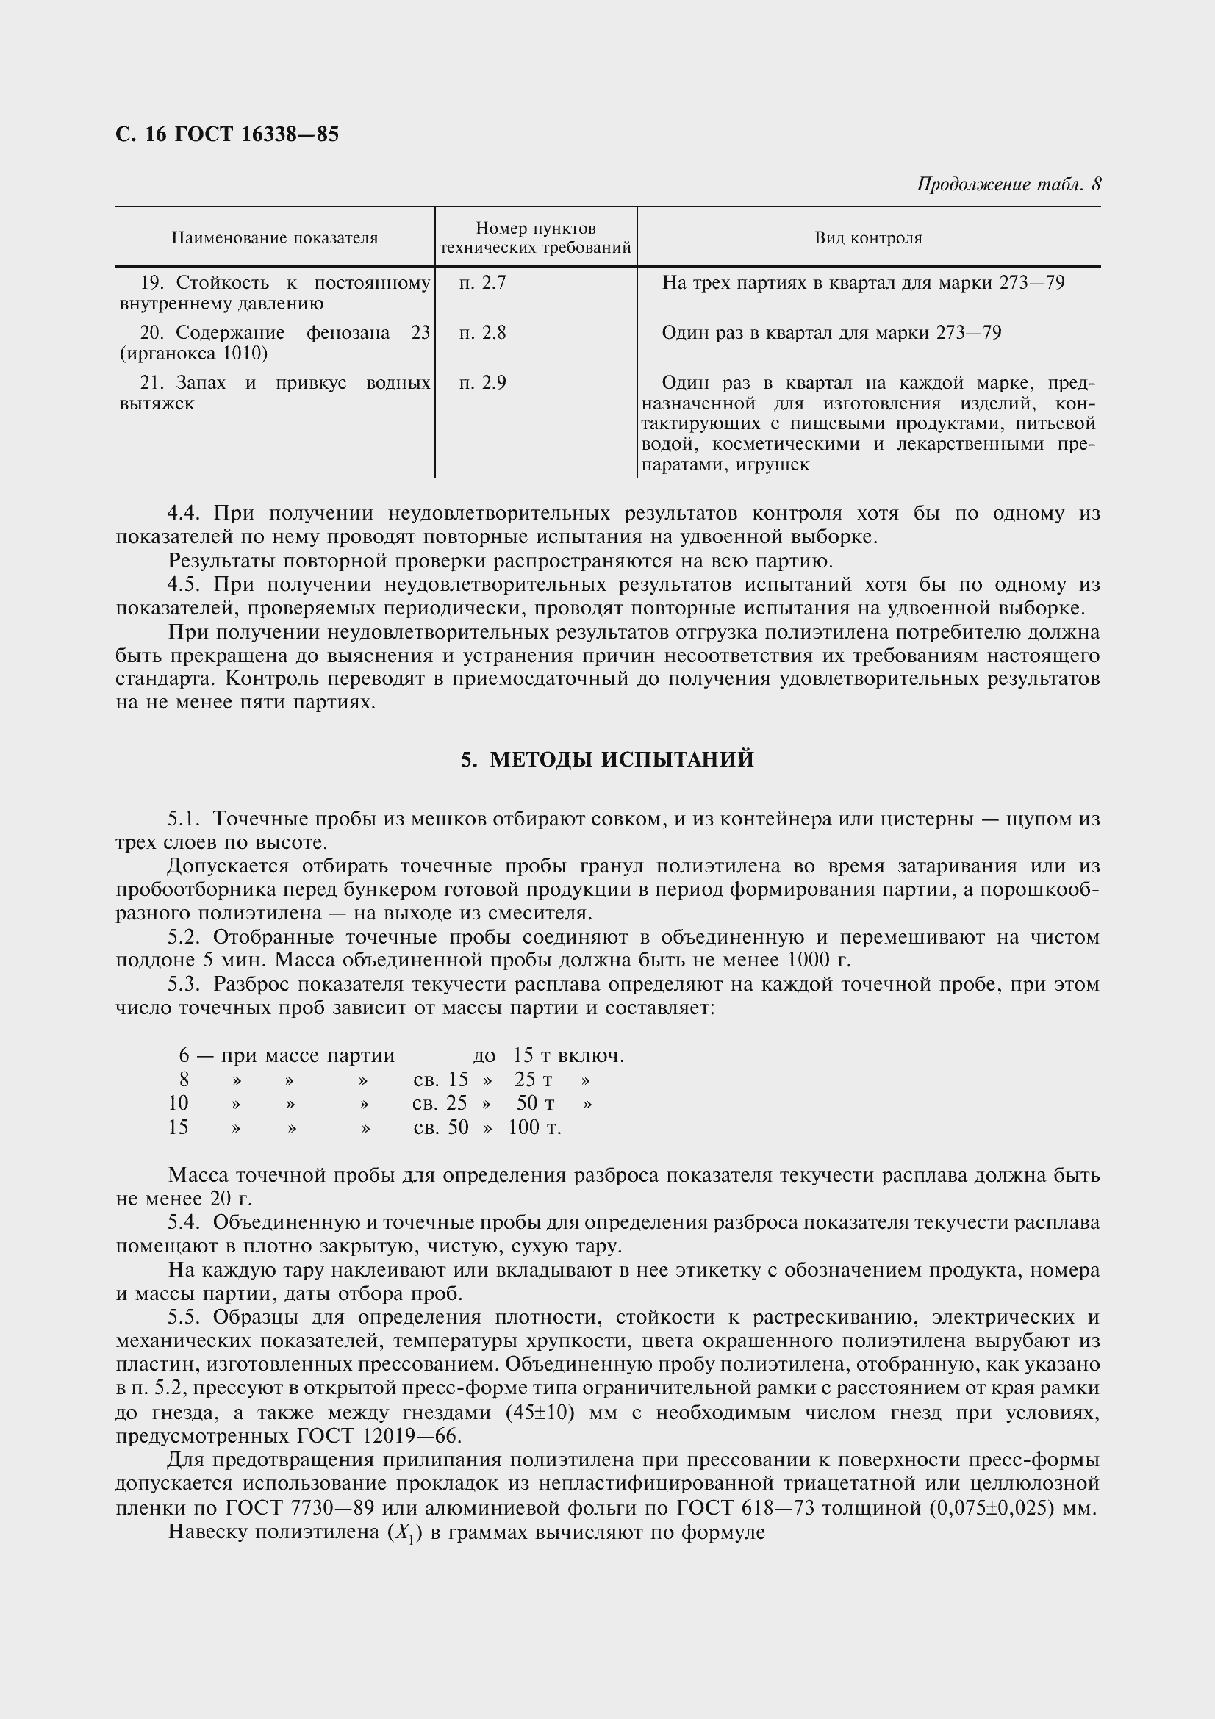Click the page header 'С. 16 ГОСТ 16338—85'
click(x=227, y=134)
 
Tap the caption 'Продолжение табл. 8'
click(x=1008, y=184)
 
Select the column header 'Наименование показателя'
click(x=275, y=238)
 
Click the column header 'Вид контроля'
click(x=868, y=238)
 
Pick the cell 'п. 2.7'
click(x=483, y=283)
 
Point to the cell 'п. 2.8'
click(x=483, y=332)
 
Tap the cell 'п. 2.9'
click(x=483, y=383)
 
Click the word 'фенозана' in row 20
click(x=348, y=332)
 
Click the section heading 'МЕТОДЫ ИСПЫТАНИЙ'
click(x=621, y=760)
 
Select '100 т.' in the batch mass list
click(x=534, y=1127)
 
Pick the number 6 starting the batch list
click(x=184, y=1055)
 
